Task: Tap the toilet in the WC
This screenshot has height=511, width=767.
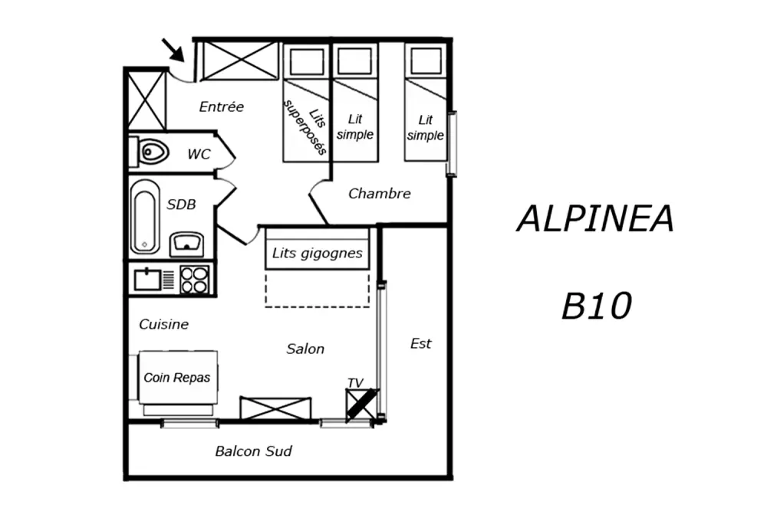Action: pyautogui.click(x=153, y=152)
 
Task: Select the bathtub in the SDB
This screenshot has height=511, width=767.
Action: pyautogui.click(x=144, y=217)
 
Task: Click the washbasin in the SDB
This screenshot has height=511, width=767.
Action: pyautogui.click(x=186, y=244)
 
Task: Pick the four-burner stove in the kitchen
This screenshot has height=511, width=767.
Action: pyautogui.click(x=195, y=279)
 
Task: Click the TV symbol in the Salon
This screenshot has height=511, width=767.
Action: pyautogui.click(x=362, y=404)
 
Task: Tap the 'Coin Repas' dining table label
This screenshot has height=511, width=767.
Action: pyautogui.click(x=176, y=378)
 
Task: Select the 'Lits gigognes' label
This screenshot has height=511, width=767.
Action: pyautogui.click(x=318, y=253)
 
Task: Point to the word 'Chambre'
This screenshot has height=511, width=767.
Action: pyautogui.click(x=380, y=194)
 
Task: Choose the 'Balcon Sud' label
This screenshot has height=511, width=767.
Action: pyautogui.click(x=253, y=451)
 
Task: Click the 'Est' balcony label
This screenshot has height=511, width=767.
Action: pyautogui.click(x=420, y=344)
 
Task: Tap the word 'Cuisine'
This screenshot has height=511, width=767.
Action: pyautogui.click(x=163, y=325)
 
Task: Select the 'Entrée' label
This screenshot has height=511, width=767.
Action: pyautogui.click(x=221, y=107)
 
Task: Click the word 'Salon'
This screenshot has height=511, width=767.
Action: pyautogui.click(x=305, y=349)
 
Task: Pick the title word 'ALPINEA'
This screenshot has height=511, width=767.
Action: pyautogui.click(x=596, y=219)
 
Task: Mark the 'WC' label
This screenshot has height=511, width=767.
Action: pyautogui.click(x=199, y=154)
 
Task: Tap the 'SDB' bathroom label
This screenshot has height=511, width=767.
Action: pyautogui.click(x=181, y=205)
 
